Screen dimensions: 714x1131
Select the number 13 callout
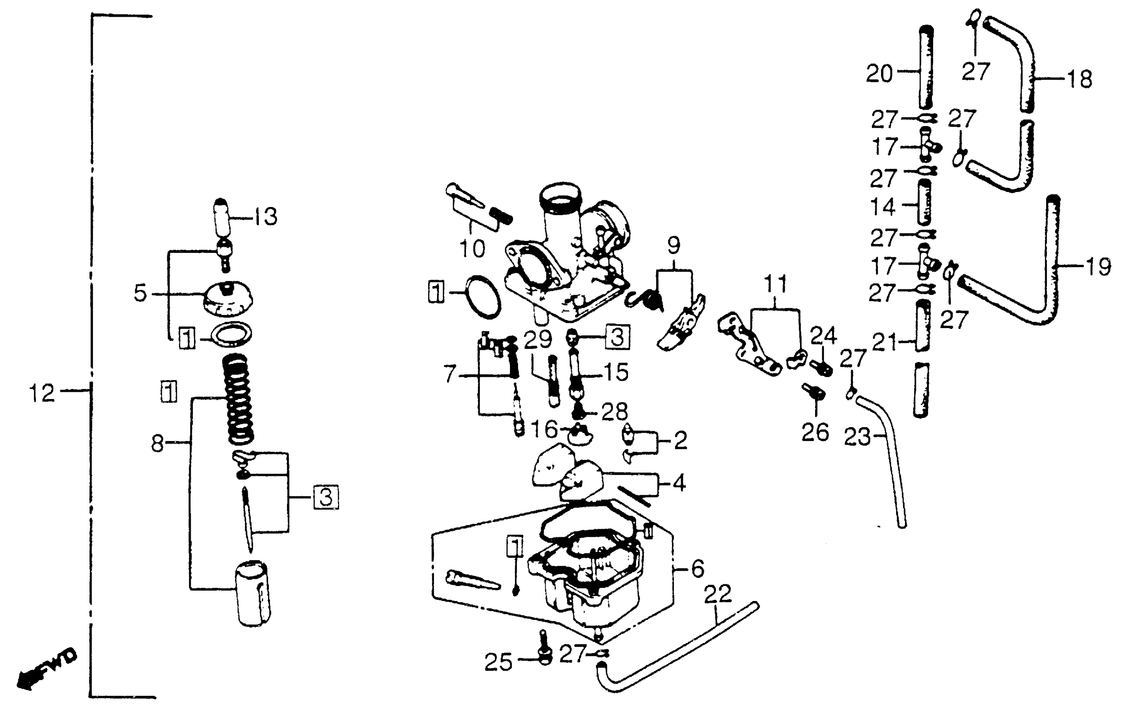tap(266, 217)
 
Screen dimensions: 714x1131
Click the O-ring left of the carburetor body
tap(482, 297)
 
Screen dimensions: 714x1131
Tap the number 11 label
tap(775, 284)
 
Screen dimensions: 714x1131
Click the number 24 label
tap(823, 336)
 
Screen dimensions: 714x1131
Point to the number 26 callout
tap(815, 432)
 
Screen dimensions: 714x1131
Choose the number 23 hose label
tap(857, 438)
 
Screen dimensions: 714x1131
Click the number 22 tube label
tap(718, 594)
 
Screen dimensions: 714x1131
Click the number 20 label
tap(879, 73)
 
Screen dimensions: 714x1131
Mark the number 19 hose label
tap(1098, 267)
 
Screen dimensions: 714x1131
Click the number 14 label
tap(883, 207)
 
